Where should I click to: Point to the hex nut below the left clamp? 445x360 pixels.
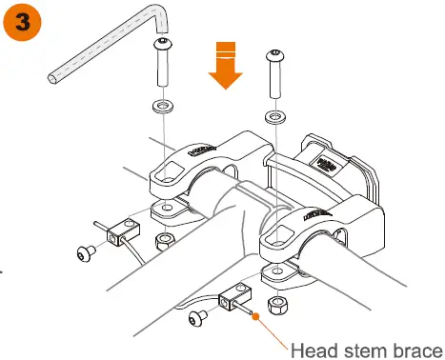(163, 237)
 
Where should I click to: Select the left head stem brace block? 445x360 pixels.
(121, 229)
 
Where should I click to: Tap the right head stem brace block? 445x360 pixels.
(233, 300)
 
